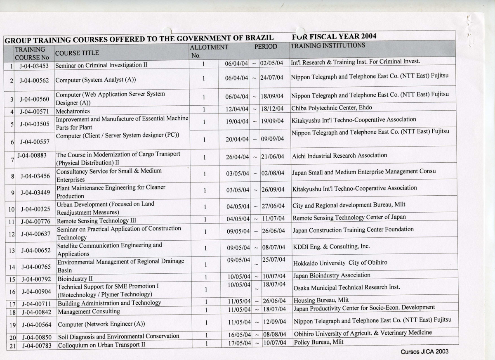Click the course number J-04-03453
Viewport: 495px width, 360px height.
click(34, 66)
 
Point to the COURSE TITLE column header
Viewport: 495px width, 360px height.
click(77, 53)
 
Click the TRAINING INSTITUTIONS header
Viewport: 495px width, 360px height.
click(328, 45)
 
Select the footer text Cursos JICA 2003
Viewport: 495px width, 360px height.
click(424, 352)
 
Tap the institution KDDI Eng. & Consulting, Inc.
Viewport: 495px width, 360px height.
click(331, 246)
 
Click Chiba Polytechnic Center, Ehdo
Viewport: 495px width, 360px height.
click(332, 108)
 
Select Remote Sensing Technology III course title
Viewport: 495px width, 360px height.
click(96, 220)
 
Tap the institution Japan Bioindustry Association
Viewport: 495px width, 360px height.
click(332, 275)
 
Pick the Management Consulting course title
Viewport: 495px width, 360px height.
click(89, 311)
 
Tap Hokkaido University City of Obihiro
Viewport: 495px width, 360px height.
click(340, 263)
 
